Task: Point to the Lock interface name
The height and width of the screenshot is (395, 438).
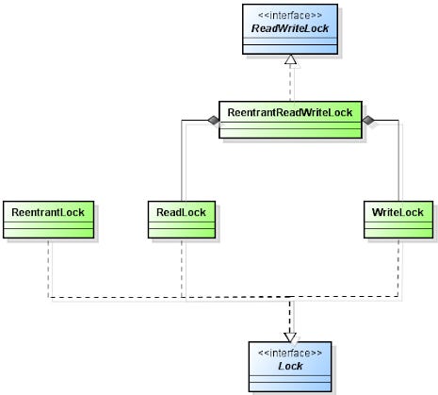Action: point(291,364)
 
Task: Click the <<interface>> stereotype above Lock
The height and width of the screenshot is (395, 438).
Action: point(291,351)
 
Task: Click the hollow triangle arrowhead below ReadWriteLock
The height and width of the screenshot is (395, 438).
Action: point(292,61)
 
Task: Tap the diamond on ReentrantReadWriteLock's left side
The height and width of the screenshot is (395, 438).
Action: point(214,120)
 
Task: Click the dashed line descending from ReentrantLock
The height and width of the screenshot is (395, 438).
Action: point(47,269)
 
